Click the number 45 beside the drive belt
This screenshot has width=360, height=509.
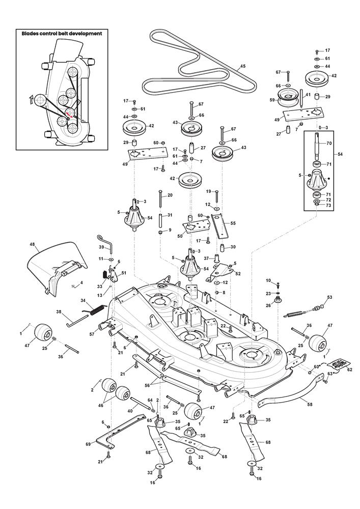(x=242, y=67)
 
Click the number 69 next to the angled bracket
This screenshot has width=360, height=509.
(x=89, y=444)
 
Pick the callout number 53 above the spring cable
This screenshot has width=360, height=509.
(x=329, y=297)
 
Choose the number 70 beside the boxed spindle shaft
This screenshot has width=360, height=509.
(x=329, y=144)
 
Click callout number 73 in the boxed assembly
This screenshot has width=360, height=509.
(x=329, y=206)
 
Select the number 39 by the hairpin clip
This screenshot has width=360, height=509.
(x=101, y=247)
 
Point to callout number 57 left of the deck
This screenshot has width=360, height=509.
(x=92, y=334)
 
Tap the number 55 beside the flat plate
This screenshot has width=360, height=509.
(x=233, y=223)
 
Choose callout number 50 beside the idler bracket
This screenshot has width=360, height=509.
(x=180, y=236)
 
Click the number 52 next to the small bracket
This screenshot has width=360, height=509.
(x=237, y=273)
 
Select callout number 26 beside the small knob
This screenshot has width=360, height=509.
(x=268, y=305)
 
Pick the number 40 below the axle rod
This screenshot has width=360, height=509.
(x=130, y=410)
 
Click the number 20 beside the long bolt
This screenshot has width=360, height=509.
(x=170, y=195)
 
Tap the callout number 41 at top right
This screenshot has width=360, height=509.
(x=308, y=95)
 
